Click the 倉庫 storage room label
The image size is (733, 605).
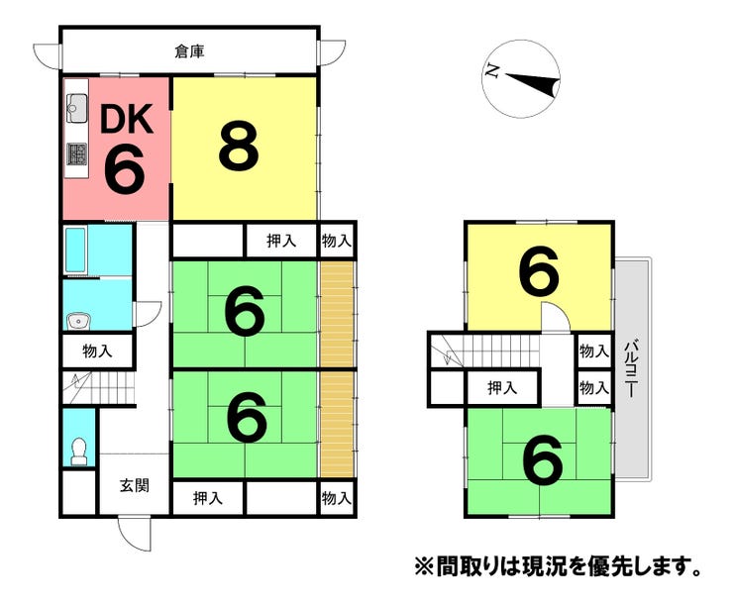(x=189, y=51)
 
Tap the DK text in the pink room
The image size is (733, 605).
(x=127, y=119)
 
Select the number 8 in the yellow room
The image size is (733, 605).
(x=239, y=146)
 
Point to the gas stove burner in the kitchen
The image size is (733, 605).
(x=76, y=153)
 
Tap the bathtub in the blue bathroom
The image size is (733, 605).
(x=75, y=250)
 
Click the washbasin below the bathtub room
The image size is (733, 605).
(x=79, y=322)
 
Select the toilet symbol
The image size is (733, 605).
(x=79, y=452)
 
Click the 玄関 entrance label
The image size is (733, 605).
(x=135, y=485)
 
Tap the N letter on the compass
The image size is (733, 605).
(x=492, y=70)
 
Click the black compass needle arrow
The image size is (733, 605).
(x=533, y=83)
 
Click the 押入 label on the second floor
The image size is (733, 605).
(x=502, y=387)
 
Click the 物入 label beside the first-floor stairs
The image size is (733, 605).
(x=98, y=351)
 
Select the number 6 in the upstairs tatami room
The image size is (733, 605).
(x=543, y=460)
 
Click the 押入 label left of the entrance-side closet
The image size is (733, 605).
(x=208, y=498)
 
